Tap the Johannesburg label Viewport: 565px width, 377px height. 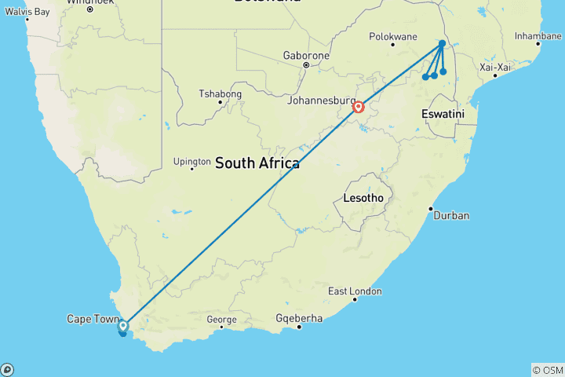point(319,101)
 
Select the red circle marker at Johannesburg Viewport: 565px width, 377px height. point(358,107)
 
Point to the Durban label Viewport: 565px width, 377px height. point(451,215)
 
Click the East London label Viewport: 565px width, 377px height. point(355,291)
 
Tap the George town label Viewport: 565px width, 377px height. point(221,320)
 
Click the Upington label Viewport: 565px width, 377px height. point(192,163)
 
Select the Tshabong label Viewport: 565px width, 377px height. point(221,94)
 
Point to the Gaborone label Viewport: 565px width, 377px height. point(306,56)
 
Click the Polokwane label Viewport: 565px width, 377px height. point(393,36)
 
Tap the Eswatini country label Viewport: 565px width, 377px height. point(443,115)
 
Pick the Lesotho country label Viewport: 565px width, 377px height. point(363,198)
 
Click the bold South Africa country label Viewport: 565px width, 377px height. point(257,163)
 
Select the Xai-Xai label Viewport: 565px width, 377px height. point(495,67)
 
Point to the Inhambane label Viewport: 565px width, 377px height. point(538,36)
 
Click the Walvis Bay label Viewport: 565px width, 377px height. point(27,12)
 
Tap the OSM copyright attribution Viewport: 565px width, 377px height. point(547,370)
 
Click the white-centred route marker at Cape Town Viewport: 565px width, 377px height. point(123,324)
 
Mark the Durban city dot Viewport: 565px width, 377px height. point(431,208)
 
